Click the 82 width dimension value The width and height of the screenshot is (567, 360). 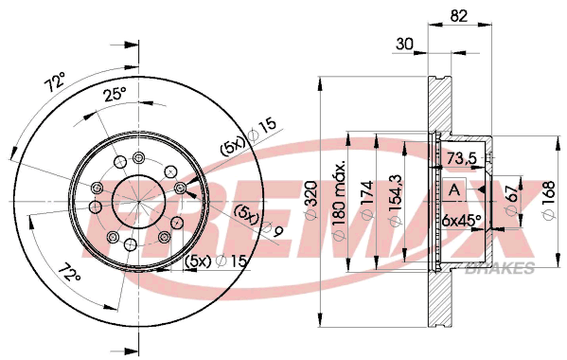[459, 16]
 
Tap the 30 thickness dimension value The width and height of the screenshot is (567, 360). [404, 45]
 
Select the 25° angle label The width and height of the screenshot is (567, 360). [115, 95]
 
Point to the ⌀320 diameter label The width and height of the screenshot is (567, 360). [311, 200]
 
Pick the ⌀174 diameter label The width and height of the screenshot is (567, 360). [366, 201]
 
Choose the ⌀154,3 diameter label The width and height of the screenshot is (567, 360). [395, 201]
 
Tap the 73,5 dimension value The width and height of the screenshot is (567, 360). [462, 158]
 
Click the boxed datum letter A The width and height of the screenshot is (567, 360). [454, 189]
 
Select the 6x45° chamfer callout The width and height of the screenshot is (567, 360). [461, 219]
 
